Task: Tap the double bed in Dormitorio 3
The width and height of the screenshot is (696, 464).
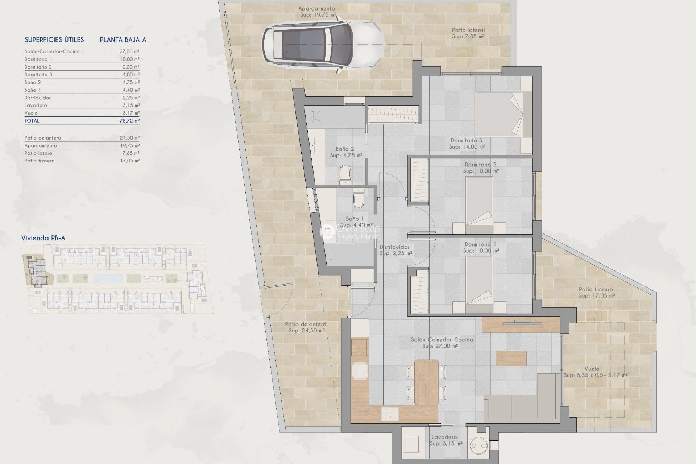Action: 502,114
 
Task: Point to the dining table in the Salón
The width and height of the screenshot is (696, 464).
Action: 426,382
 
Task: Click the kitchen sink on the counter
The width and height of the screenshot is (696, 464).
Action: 360,372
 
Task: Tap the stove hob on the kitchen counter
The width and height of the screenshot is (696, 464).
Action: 390,413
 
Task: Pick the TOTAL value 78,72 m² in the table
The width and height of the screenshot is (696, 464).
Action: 129,121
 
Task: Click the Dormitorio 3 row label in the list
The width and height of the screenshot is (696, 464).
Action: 38,75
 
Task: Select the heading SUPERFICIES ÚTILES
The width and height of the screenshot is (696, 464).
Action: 54,40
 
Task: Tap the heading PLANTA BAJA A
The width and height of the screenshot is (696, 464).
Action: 123,40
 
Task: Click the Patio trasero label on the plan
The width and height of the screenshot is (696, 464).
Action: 596,289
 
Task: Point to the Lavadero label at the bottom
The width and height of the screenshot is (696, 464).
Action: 444,437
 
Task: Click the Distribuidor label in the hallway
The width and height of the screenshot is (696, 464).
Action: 394,247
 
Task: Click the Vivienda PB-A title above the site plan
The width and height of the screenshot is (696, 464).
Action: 43,238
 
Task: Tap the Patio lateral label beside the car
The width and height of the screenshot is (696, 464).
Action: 468,30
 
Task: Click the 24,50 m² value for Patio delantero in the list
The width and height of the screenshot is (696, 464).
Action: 129,138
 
